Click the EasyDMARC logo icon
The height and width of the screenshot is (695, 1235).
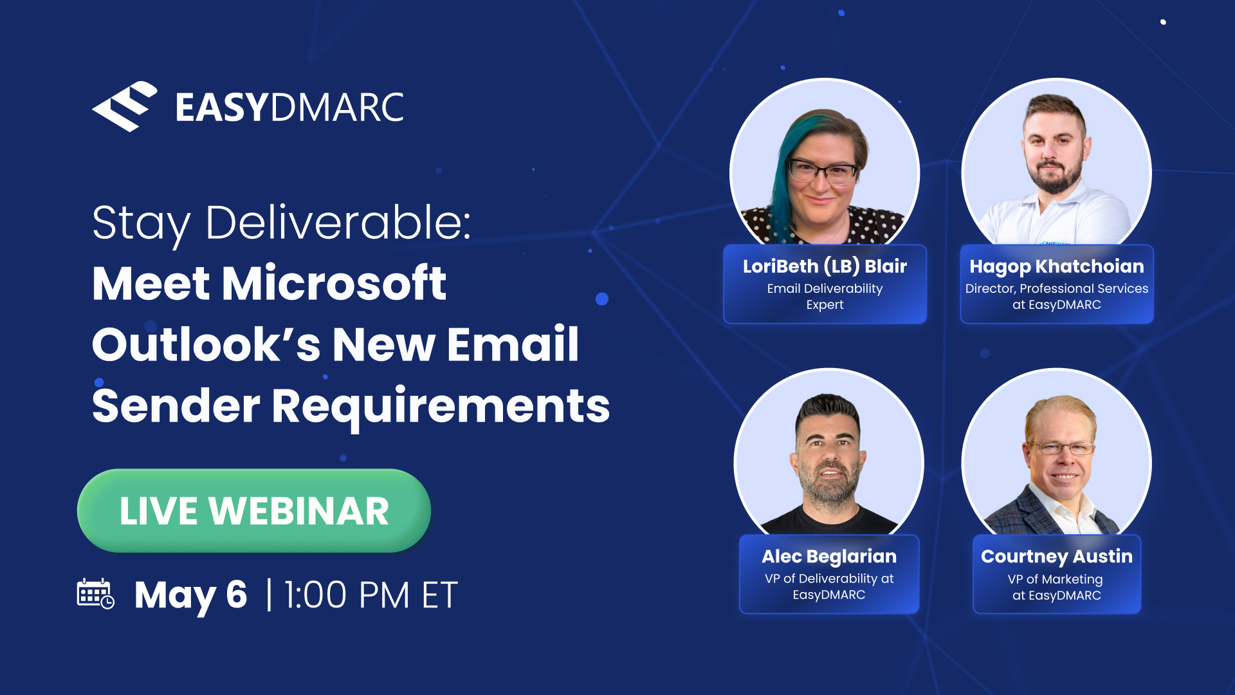[125, 106]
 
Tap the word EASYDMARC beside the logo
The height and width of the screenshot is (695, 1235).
[289, 107]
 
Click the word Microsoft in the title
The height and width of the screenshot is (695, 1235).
[334, 283]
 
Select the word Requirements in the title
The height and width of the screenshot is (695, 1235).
[441, 406]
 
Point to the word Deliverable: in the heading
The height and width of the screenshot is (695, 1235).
[338, 223]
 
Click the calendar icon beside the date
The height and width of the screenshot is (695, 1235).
[95, 593]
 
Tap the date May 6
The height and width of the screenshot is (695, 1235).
[190, 595]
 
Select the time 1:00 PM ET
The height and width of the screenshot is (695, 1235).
[371, 595]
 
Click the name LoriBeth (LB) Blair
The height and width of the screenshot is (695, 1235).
[825, 266]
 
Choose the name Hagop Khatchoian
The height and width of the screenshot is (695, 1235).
[1056, 266]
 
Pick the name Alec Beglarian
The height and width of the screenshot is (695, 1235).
[829, 556]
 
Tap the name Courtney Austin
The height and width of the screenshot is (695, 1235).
[1056, 556]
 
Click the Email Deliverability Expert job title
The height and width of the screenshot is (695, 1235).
[825, 297]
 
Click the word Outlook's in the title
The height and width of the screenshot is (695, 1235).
[206, 345]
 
